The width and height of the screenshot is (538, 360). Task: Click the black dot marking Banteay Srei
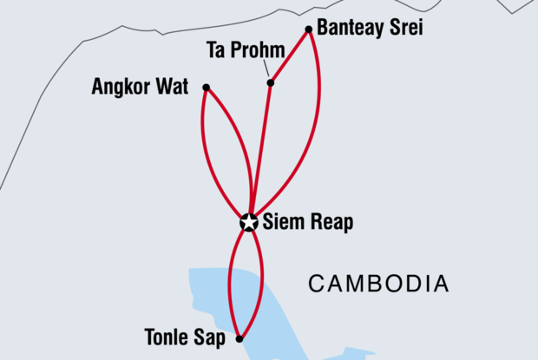click(309, 29)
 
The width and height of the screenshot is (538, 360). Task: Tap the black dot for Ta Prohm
click(271, 83)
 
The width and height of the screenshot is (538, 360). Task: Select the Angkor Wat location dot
click(206, 88)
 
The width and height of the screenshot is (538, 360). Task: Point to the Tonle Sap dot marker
click(239, 338)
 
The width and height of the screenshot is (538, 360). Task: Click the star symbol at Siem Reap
click(249, 223)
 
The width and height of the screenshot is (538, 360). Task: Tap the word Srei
click(400, 28)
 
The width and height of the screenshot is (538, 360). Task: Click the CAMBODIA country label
click(379, 283)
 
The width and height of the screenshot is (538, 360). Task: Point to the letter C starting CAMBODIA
click(317, 283)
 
